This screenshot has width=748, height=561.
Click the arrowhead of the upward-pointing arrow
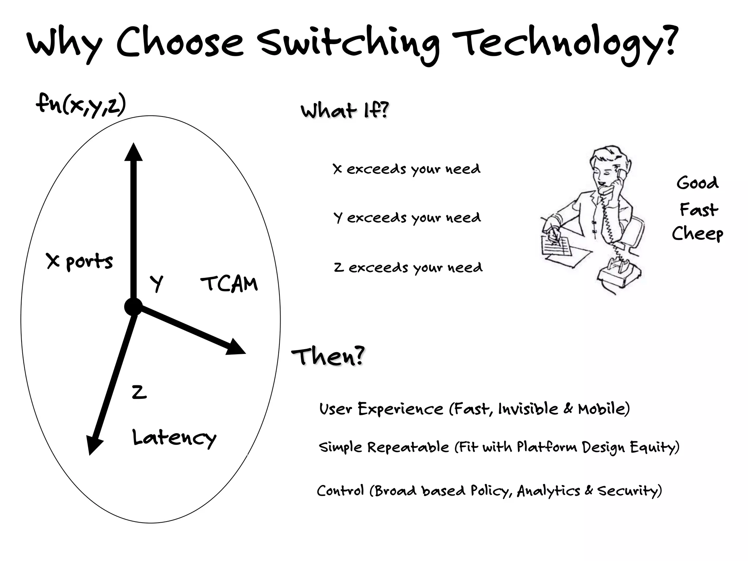[x=133, y=152]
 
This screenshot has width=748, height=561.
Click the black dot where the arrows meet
[x=133, y=306]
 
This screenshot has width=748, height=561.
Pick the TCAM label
[x=229, y=284]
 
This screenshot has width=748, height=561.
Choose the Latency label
[x=174, y=438]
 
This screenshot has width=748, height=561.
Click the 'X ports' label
[x=80, y=261]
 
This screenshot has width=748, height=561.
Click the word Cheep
[x=697, y=233]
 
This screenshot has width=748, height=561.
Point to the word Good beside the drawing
[x=697, y=183]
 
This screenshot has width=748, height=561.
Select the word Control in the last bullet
[x=340, y=491]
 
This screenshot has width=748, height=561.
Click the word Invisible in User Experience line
[x=528, y=409]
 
